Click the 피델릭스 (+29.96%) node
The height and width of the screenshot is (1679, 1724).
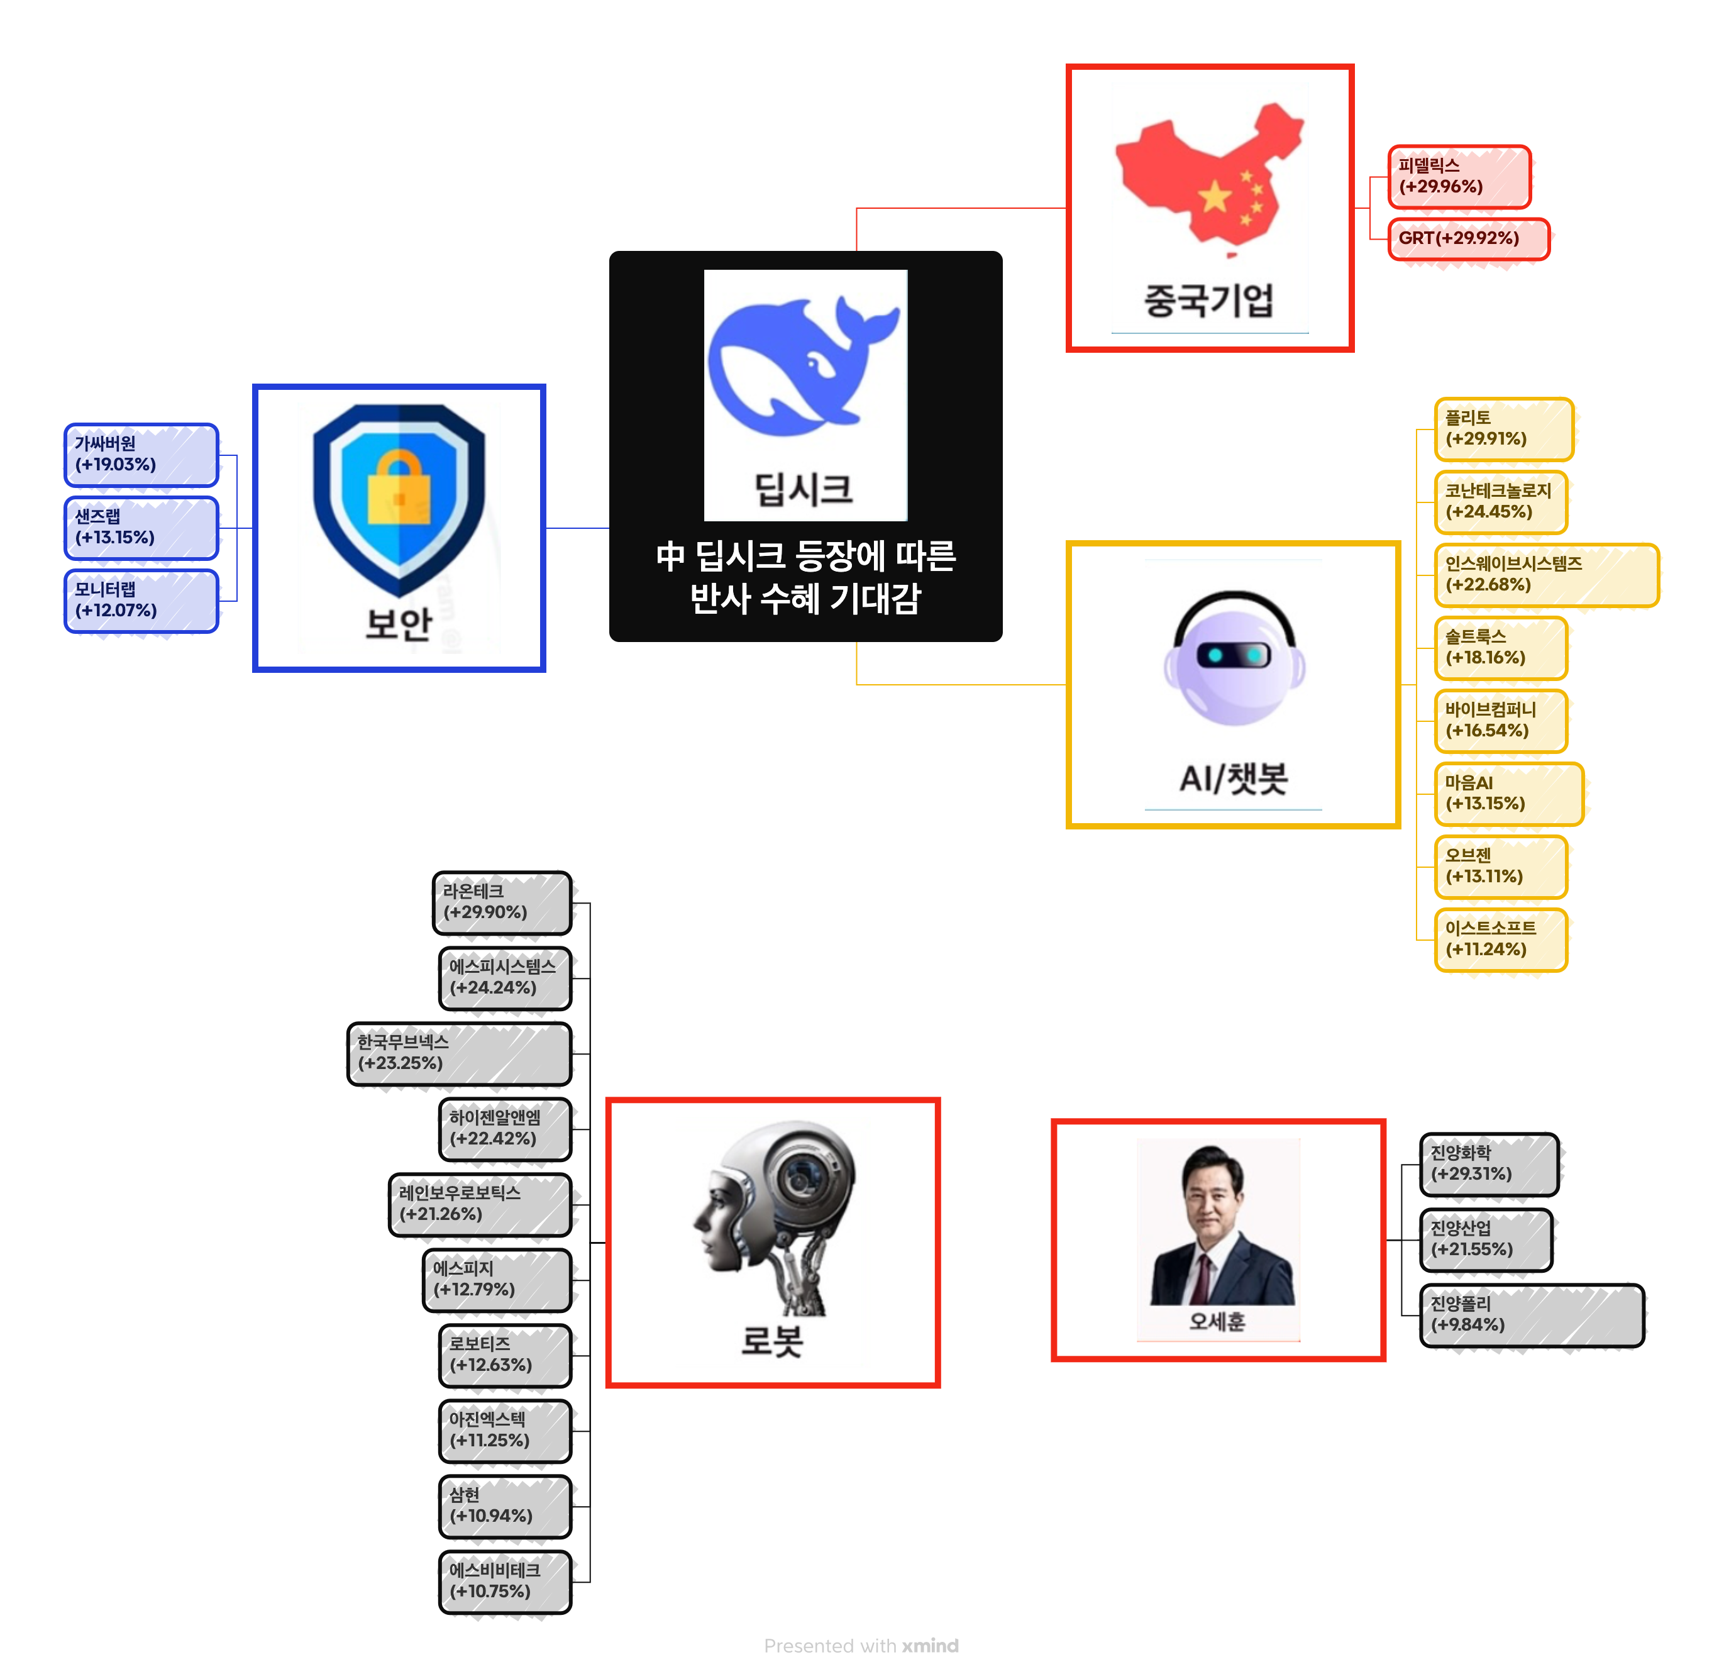[1459, 176]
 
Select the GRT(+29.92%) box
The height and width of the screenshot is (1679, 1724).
[1468, 238]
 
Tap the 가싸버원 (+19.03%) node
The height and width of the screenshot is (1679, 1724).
[141, 454]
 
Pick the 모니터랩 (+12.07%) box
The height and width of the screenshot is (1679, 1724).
[141, 601]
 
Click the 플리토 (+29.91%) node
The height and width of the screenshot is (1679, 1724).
[1503, 429]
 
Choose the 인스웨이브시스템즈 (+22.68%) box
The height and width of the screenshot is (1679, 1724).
[1546, 575]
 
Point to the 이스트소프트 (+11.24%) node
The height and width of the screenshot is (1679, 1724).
[1500, 939]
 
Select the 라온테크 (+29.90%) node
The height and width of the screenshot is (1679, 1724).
[502, 902]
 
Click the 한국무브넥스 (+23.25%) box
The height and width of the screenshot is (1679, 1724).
[460, 1053]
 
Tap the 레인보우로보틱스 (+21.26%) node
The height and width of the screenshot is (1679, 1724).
[480, 1204]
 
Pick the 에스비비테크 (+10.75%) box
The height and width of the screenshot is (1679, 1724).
[504, 1581]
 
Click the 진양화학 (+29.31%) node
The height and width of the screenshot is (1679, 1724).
[1489, 1164]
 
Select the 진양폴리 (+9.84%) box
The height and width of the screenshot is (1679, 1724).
[1532, 1315]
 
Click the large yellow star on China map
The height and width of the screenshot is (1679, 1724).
[1214, 197]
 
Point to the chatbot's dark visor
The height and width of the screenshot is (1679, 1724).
[1233, 655]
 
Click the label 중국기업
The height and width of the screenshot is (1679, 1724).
[1208, 300]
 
